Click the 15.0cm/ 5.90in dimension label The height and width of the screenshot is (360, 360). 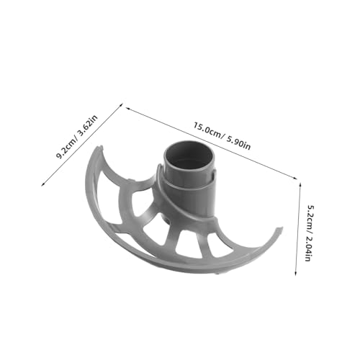(222, 136)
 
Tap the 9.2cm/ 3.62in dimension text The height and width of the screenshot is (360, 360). (77, 136)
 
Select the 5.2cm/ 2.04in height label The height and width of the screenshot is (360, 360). (310, 233)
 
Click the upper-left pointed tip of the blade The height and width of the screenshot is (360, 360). (101, 146)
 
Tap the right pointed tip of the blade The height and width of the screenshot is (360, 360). (280, 228)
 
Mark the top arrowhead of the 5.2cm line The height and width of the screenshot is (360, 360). (300, 184)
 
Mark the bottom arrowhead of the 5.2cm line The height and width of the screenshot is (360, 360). (296, 273)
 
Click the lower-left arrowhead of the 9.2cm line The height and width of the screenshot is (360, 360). (42, 184)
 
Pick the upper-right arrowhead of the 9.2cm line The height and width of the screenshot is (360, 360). (122, 104)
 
